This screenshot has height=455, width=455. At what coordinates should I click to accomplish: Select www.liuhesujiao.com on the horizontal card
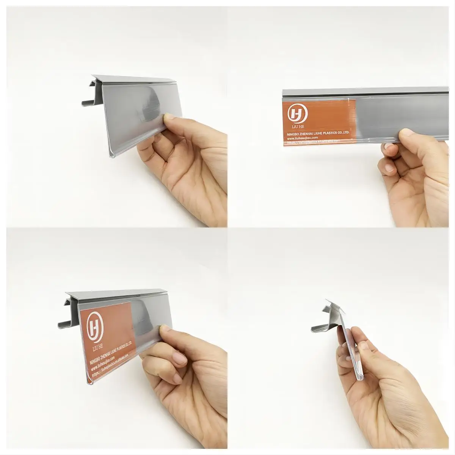(x=302, y=138)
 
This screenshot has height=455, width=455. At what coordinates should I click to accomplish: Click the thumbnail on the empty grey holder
(x=167, y=119)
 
